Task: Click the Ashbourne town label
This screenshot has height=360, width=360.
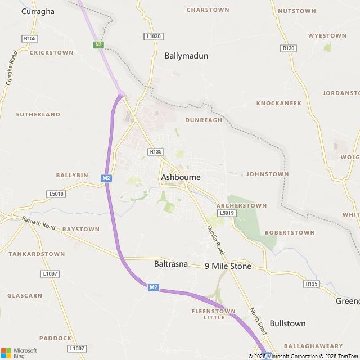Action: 181,177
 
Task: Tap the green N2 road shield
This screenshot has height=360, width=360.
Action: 99,44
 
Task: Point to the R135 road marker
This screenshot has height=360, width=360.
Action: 155,151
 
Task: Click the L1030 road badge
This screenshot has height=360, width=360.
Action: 153,36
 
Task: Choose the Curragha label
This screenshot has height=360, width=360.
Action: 38,11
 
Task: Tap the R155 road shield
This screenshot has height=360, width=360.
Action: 30,38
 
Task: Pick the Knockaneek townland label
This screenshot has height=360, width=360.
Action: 279,103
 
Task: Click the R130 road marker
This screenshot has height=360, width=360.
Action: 289,48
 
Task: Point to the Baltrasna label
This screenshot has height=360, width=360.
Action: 170,263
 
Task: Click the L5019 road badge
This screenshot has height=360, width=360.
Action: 226,213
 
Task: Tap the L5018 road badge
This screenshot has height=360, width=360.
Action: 57,194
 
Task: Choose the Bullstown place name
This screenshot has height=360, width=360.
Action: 287,323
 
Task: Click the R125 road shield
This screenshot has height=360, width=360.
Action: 312,284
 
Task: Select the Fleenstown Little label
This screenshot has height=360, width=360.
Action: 213,314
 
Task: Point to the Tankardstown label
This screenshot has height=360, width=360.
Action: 37,254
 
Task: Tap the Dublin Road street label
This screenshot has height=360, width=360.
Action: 215,238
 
